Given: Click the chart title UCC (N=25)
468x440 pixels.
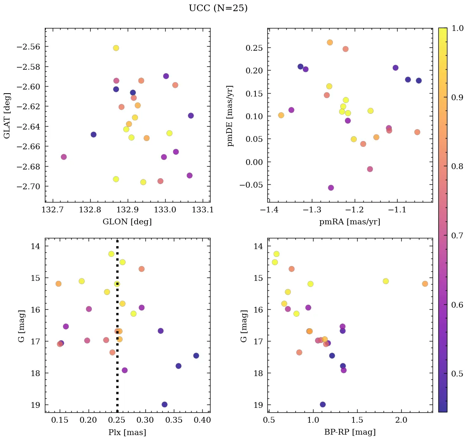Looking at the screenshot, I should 218,8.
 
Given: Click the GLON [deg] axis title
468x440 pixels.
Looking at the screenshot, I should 127,222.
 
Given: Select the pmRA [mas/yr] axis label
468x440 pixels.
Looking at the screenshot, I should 350,222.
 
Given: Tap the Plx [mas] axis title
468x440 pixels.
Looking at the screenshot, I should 127,433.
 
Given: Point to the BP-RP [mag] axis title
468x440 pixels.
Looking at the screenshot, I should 350,433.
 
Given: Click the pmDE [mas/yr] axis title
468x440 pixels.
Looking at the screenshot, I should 230,116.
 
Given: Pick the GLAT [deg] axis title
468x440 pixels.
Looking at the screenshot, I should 7,115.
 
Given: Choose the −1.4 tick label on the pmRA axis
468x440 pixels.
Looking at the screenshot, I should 268,210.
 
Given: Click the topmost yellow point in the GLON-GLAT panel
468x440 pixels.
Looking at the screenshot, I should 116,48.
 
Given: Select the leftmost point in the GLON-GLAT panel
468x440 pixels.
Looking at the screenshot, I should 63,157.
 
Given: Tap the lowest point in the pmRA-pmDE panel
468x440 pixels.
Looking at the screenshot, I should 331,188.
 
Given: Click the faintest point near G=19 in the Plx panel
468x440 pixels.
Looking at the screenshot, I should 164,405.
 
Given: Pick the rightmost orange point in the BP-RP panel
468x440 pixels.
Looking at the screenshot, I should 425,284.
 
